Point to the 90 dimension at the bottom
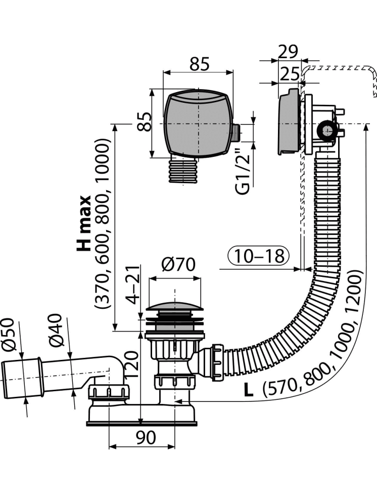(146, 439)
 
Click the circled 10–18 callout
(258, 256)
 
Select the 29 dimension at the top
(289, 52)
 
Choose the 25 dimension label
(289, 74)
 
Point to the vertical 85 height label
(145, 122)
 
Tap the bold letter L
(248, 390)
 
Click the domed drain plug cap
(174, 305)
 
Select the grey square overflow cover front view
(198, 122)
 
